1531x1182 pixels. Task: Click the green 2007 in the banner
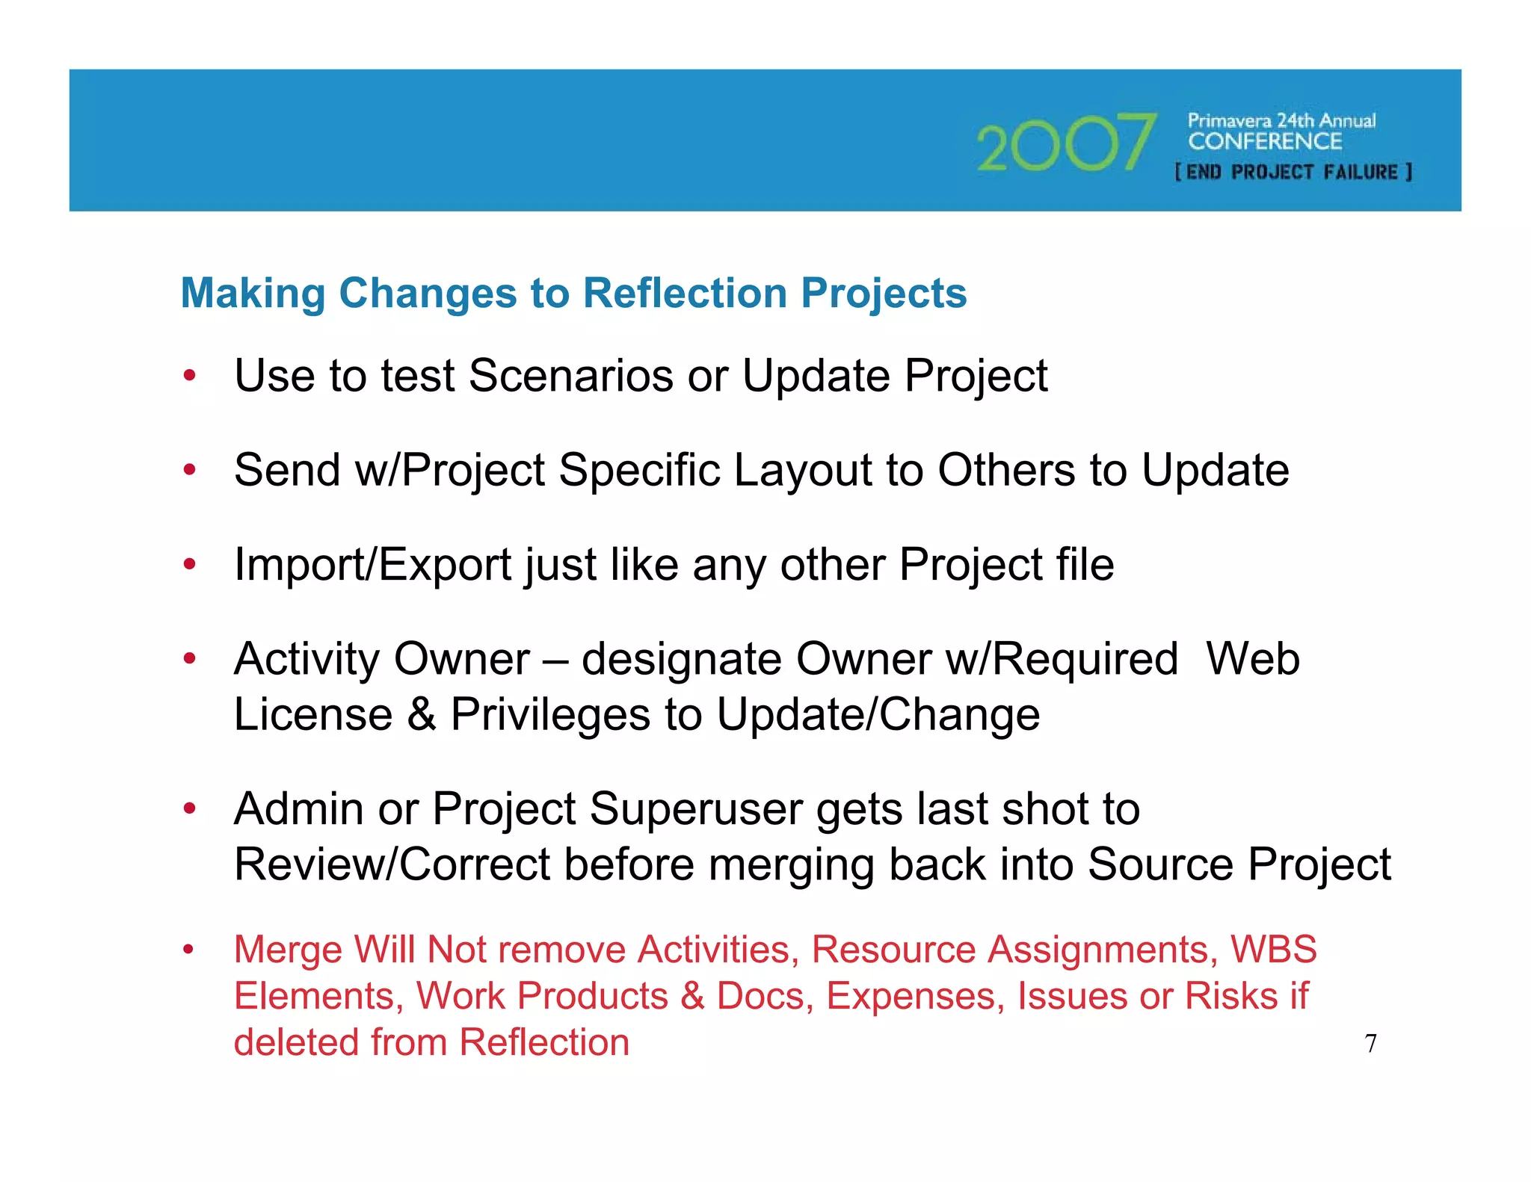tap(1065, 142)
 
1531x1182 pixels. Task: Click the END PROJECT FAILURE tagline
tap(1293, 173)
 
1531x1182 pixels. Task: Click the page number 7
tap(1370, 1044)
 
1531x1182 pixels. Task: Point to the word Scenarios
tap(570, 375)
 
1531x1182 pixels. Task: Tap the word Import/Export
tap(372, 564)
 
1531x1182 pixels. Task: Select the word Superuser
tap(695, 809)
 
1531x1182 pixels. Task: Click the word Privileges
tap(549, 715)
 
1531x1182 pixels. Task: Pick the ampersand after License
tap(422, 714)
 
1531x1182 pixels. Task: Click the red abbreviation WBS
tap(1274, 950)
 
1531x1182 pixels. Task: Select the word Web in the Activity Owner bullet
tap(1253, 659)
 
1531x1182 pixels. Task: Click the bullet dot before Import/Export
tap(190, 565)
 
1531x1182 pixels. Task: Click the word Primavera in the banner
tap(1229, 120)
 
